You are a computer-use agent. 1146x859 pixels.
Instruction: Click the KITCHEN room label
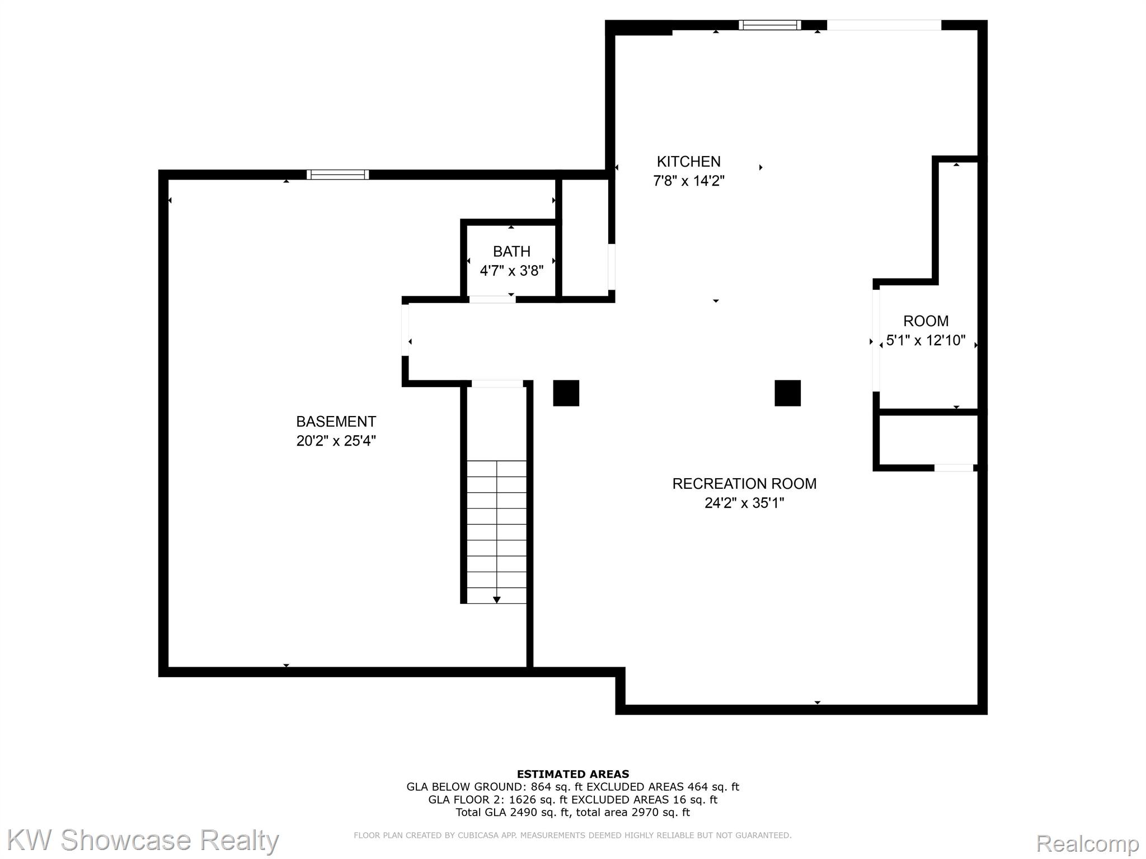[x=688, y=162]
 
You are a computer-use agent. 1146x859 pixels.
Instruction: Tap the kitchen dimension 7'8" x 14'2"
[x=688, y=181]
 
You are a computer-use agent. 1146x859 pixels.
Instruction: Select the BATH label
[x=511, y=252]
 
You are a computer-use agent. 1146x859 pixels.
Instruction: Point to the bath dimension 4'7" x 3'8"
[x=511, y=271]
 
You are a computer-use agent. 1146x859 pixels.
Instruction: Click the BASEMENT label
[x=336, y=421]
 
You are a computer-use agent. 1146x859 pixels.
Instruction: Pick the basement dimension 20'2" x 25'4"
[x=336, y=441]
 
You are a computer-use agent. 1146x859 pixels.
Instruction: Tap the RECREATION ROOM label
[x=744, y=484]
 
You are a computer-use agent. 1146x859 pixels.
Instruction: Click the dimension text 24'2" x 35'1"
[x=744, y=503]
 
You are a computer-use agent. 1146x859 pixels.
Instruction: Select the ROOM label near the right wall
[x=926, y=321]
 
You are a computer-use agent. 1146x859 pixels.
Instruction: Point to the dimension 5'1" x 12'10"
[x=926, y=341]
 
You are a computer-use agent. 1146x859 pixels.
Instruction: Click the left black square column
[x=566, y=393]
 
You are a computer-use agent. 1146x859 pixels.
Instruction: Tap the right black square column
[x=787, y=393]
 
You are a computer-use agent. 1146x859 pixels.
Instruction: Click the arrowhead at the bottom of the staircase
[x=496, y=600]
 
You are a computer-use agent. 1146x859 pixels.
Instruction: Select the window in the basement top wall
[x=337, y=174]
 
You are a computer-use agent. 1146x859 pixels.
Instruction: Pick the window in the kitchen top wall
[x=769, y=25]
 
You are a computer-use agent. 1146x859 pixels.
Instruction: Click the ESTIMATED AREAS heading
[x=572, y=774]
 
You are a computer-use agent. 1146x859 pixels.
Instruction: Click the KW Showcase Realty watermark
[x=143, y=841]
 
